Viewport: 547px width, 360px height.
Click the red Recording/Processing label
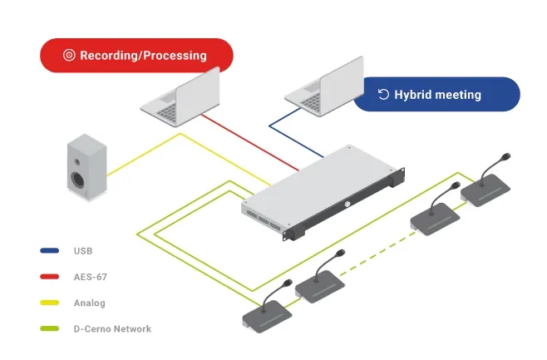tap(136, 56)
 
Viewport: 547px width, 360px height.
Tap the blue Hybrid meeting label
tap(436, 94)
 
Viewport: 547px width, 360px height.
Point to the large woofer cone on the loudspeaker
tap(79, 179)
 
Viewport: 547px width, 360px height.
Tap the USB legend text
tap(83, 249)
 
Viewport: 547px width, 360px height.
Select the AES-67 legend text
tap(90, 276)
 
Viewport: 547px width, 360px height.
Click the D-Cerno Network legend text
tap(112, 329)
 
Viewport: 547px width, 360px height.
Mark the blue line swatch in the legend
tap(48, 249)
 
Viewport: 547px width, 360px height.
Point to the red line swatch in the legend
tap(48, 276)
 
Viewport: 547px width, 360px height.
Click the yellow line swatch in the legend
tap(48, 303)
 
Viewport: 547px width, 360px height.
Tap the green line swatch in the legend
tap(48, 329)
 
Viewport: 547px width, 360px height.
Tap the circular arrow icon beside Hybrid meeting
tap(383, 94)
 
